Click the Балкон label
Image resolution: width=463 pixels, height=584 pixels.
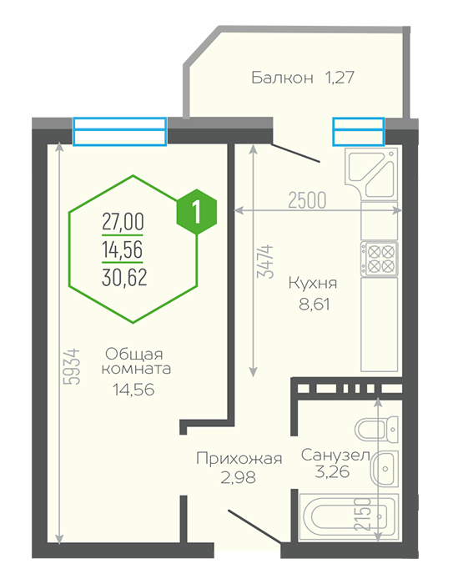282,78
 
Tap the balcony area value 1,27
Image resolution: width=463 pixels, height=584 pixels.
340,78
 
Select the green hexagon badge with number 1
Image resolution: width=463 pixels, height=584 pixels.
196,212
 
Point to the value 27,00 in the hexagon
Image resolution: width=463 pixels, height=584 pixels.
123,223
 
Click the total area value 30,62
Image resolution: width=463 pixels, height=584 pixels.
124,278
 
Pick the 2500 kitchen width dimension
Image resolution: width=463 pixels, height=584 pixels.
307,200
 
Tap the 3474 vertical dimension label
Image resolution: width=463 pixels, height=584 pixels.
265,261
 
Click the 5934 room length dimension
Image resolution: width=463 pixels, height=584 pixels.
72,366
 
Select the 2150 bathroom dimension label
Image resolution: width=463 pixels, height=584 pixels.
363,514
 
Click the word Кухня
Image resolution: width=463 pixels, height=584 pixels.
313,284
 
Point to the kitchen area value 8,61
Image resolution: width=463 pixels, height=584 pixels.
314,305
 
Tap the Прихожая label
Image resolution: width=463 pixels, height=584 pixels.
239,459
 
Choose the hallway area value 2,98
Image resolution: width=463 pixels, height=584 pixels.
239,477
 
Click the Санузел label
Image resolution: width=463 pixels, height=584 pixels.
335,456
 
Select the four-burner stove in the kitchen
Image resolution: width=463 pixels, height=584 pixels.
380,259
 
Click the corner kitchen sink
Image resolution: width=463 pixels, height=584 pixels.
371,174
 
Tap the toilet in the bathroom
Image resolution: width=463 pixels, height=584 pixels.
376,430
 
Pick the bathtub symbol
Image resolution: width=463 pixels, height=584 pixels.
349,517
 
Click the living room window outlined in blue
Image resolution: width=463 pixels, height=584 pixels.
119,131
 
